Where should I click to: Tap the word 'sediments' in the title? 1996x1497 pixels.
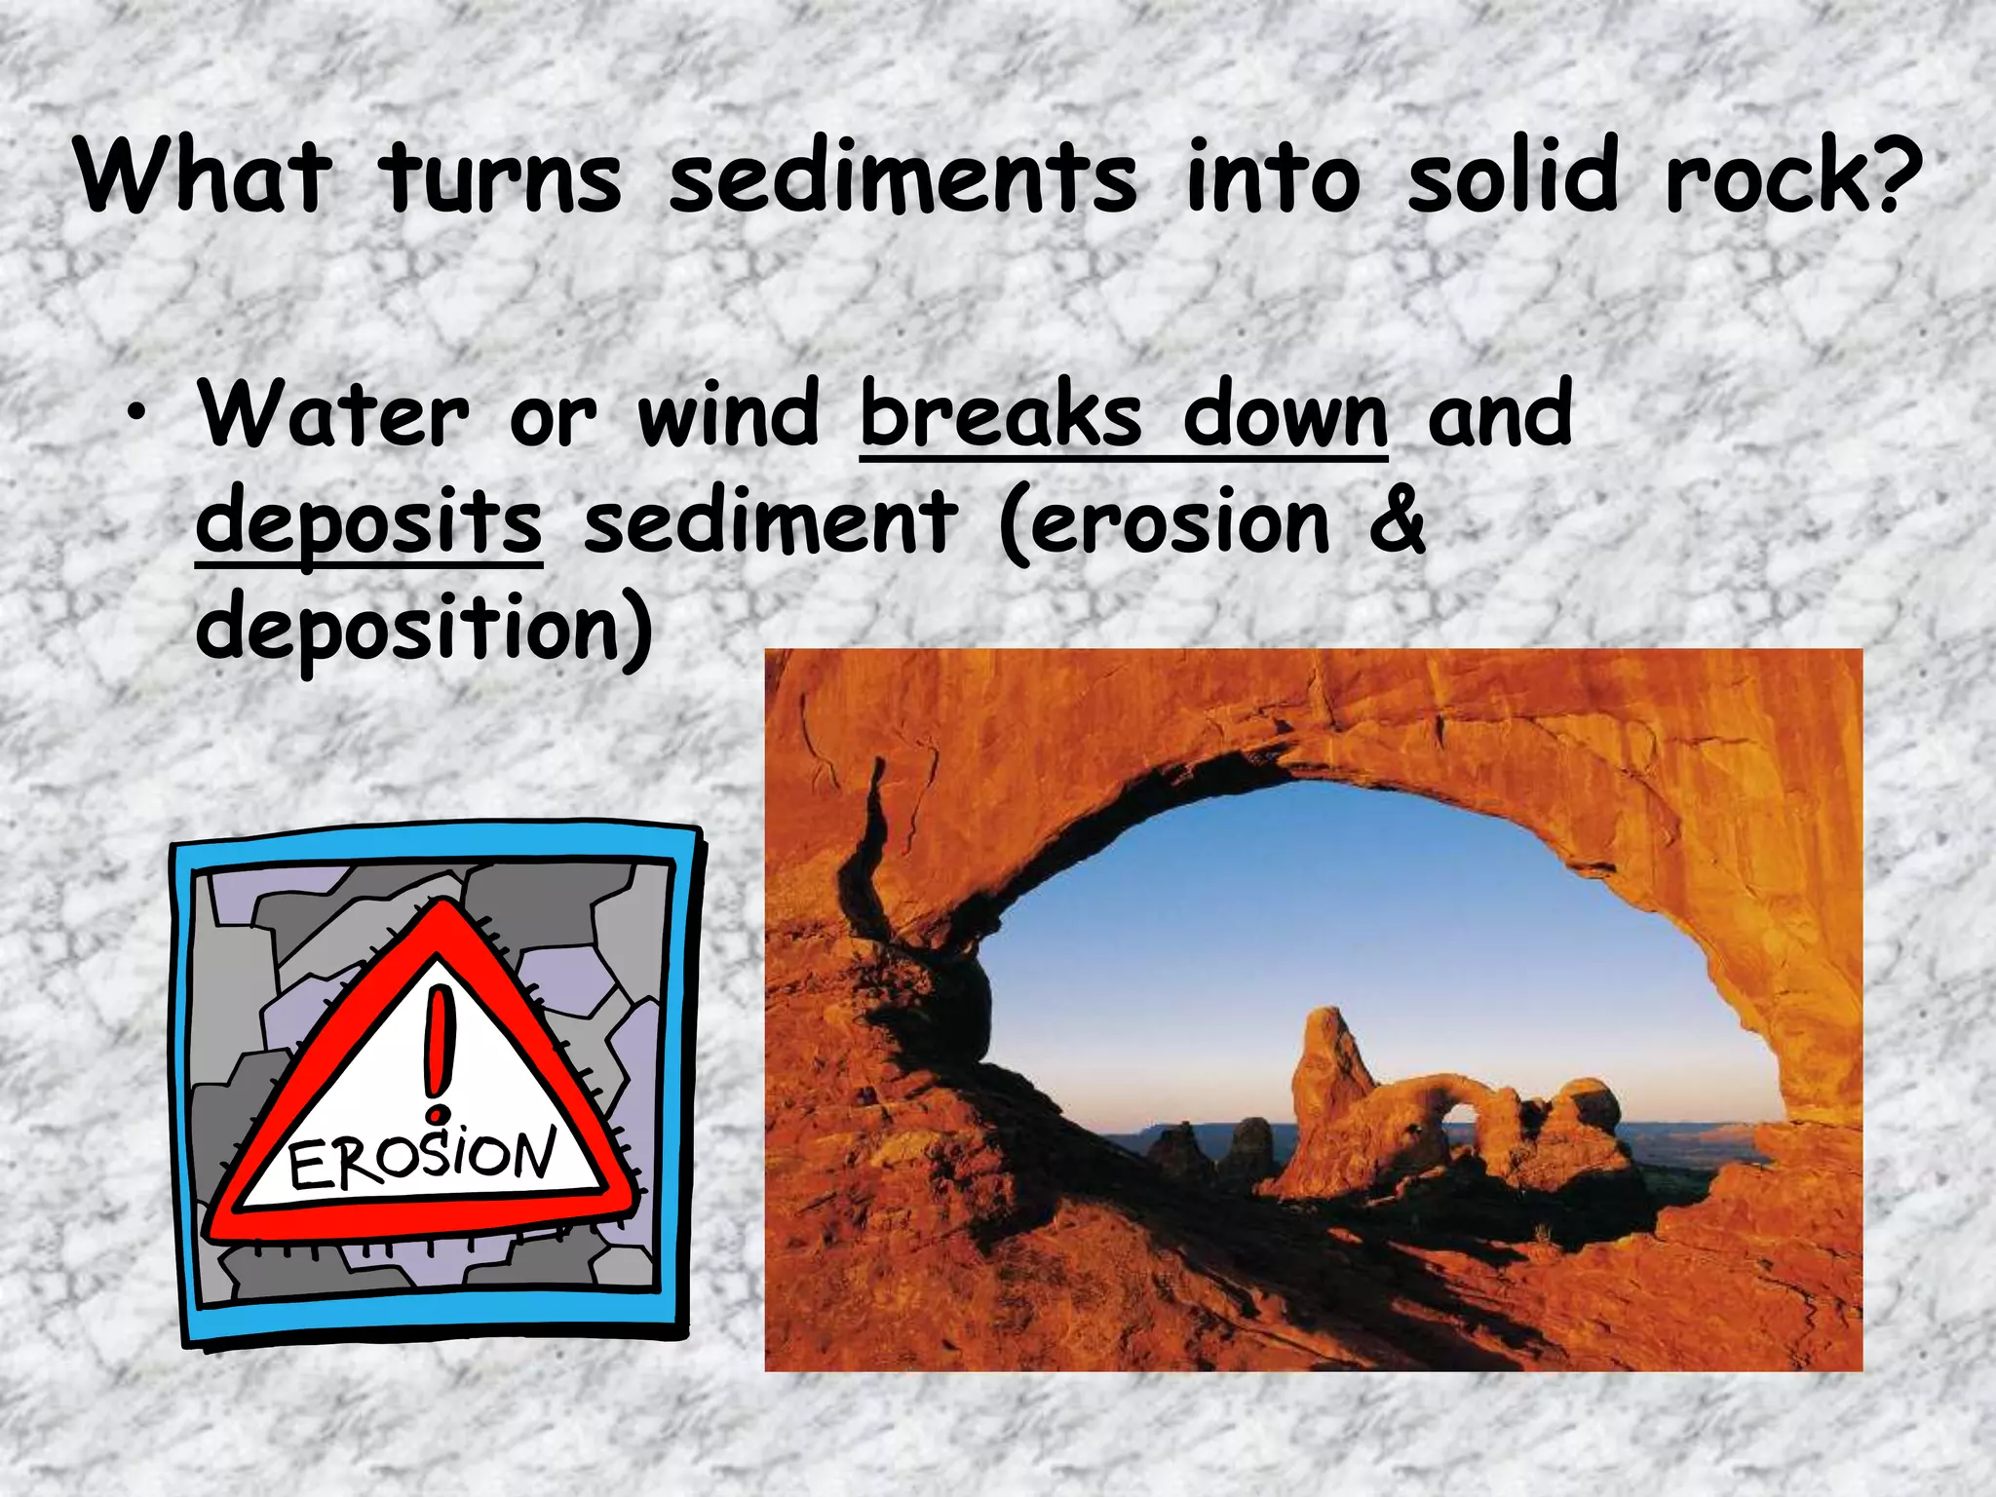point(902,177)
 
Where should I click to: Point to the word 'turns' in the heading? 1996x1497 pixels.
point(500,177)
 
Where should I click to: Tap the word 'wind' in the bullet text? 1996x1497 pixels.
point(728,414)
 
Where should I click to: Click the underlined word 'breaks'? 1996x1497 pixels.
point(1001,414)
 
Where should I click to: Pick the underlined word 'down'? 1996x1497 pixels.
point(1286,414)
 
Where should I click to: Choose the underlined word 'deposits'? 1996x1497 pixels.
point(368,521)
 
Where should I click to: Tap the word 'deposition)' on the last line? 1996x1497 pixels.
point(424,629)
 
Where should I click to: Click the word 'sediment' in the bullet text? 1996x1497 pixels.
point(770,521)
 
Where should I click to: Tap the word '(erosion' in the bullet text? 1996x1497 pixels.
point(1165,521)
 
